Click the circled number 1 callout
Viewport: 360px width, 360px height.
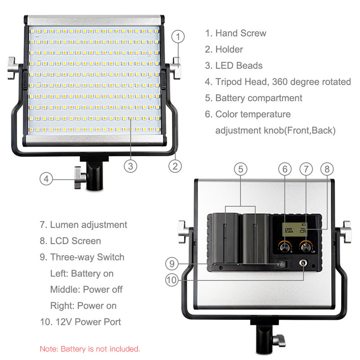click(178, 36)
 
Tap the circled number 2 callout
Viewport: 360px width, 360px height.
click(175, 166)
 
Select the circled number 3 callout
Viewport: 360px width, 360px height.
click(130, 166)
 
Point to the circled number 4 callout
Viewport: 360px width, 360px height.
click(46, 179)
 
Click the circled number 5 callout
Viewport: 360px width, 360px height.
click(240, 169)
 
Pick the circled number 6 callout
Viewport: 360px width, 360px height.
click(285, 169)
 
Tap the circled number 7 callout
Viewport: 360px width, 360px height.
click(306, 169)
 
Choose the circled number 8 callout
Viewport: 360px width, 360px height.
click(327, 169)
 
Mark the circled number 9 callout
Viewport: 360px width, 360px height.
click(172, 264)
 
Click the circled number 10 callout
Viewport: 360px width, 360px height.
click(172, 280)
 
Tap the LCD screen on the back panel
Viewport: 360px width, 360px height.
click(294, 229)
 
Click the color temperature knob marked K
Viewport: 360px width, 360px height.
click(285, 247)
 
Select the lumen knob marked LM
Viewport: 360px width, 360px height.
click(306, 247)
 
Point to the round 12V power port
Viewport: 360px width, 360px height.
click(303, 263)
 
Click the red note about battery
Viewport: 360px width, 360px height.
click(90, 349)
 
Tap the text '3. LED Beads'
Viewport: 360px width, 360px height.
click(234, 66)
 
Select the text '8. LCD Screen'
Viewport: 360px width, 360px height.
click(70, 241)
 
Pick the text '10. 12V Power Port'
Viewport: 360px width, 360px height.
click(81, 322)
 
